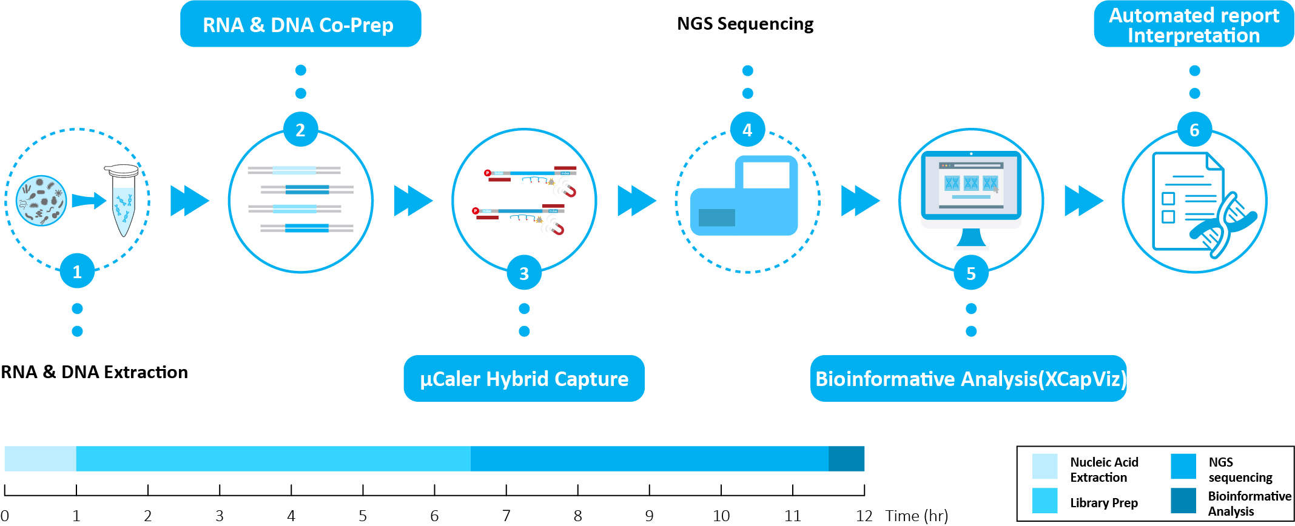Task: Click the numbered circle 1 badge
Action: coord(77,271)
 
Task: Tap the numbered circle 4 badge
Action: coord(747,130)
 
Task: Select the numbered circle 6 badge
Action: coord(1194,130)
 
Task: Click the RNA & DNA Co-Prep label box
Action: coord(300,24)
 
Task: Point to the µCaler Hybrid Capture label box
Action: coord(524,379)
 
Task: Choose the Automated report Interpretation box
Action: coord(1194,25)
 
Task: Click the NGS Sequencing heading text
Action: coord(745,24)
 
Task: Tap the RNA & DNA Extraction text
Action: coord(95,372)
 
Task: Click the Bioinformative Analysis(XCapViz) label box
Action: coord(969,379)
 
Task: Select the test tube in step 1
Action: coord(123,200)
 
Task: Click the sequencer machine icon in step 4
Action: coord(745,197)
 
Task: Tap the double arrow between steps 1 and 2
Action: coord(189,201)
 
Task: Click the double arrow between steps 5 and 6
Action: coord(1083,201)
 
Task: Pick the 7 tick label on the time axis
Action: coord(506,516)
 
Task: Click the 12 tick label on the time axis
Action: coord(864,516)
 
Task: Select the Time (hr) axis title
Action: coord(917,516)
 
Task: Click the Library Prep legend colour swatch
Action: coord(1044,501)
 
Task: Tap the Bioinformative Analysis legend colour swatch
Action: coord(1183,501)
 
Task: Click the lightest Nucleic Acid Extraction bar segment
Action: coord(40,459)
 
